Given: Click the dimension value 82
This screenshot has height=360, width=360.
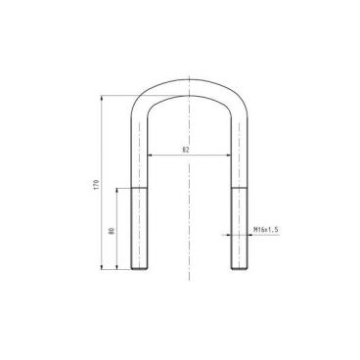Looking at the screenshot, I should [186, 150].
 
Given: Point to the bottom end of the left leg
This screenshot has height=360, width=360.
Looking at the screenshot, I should [138, 268].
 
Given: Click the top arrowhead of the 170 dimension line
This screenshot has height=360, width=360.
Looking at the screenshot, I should [103, 96].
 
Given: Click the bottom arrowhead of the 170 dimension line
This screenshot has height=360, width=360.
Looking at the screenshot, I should [103, 267].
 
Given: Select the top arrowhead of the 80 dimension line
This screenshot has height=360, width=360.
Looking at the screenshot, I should [117, 189].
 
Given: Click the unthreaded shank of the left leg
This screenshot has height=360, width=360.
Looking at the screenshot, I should [138, 147].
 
